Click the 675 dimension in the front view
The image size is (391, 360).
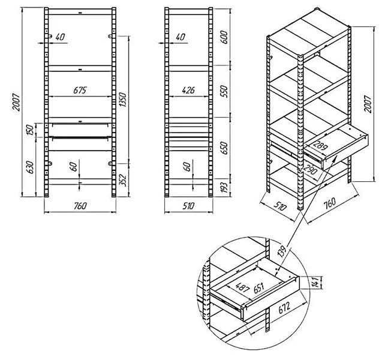tap(80, 90)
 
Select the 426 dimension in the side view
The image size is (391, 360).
tap(188, 90)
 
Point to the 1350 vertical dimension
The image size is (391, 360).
tap(123, 100)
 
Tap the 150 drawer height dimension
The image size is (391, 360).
tap(29, 130)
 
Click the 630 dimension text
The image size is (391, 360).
tap(29, 167)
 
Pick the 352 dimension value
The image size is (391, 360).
tap(123, 180)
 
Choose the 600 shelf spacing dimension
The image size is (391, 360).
tap(224, 37)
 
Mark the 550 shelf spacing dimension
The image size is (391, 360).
tap(224, 91)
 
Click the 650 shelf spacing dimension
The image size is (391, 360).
tap(224, 148)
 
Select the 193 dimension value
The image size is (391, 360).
tap(224, 188)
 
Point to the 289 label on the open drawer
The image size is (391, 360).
tap(320, 146)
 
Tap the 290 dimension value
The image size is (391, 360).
tap(310, 170)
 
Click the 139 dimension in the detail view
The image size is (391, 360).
tap(281, 251)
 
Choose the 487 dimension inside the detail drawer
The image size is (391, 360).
tap(242, 287)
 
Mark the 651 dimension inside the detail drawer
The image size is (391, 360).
tap(259, 288)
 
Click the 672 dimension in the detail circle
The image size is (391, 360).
tap(284, 307)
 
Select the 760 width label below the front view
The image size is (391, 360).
tap(80, 206)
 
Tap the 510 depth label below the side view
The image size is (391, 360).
tap(188, 206)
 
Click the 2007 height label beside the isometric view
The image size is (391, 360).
tap(368, 104)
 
